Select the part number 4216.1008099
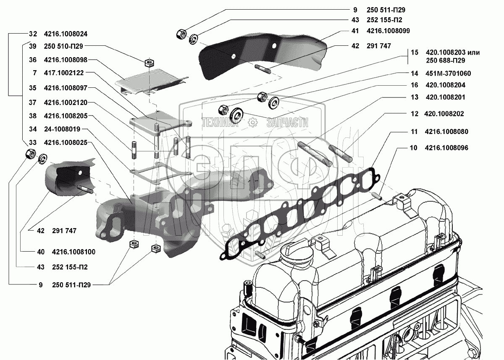[x=388, y=31]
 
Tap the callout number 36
[x=33, y=60]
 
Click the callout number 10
[x=413, y=148]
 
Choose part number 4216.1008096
[x=446, y=148]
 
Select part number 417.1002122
[x=64, y=73]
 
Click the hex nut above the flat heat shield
[x=148, y=63]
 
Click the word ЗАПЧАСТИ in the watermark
[x=287, y=123]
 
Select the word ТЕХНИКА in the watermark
[x=220, y=123]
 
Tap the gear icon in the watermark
[x=252, y=122]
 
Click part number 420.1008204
[x=445, y=85]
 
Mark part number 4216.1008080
[x=446, y=131]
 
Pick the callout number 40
[x=40, y=252]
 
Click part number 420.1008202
[x=444, y=114]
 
